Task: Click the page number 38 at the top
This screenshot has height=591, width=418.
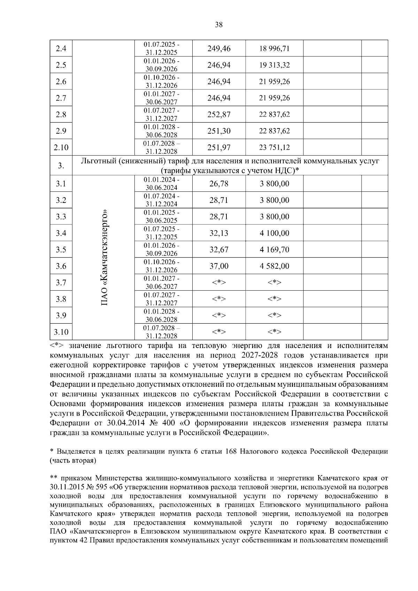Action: [219, 25]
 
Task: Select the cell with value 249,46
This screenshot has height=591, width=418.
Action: [219, 49]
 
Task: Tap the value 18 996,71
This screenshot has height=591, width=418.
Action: [274, 49]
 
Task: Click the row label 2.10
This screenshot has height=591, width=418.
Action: [61, 148]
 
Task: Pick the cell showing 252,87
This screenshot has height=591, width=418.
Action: [219, 115]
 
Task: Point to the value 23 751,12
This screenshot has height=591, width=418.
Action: [274, 148]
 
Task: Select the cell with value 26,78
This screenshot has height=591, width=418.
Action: [219, 184]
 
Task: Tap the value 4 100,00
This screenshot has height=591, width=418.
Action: [274, 233]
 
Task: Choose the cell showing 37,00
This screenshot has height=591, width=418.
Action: [219, 266]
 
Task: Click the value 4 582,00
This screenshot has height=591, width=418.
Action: [274, 266]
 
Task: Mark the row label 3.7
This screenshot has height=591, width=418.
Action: [61, 283]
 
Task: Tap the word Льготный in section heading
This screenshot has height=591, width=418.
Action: [98, 161]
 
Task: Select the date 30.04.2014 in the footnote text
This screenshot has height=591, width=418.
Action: [120, 423]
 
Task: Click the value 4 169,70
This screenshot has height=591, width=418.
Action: [274, 250]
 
